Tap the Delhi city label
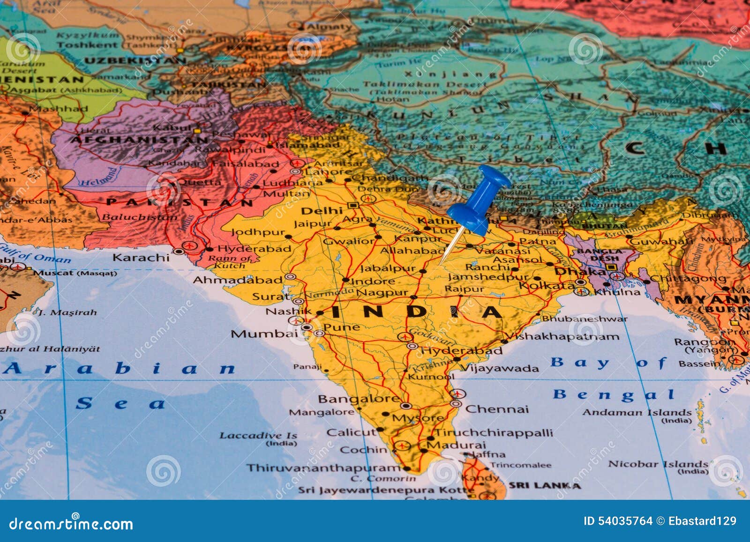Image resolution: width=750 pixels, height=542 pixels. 322,210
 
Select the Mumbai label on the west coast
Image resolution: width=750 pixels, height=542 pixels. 264,334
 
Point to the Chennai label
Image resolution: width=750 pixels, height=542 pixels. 496,409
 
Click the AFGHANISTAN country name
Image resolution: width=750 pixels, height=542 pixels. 139,140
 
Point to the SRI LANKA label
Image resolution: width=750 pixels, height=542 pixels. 544,485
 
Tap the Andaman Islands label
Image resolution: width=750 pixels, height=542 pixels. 637,413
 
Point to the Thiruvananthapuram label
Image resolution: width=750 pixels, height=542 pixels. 323,468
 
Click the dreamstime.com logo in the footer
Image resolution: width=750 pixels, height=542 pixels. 71,523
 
